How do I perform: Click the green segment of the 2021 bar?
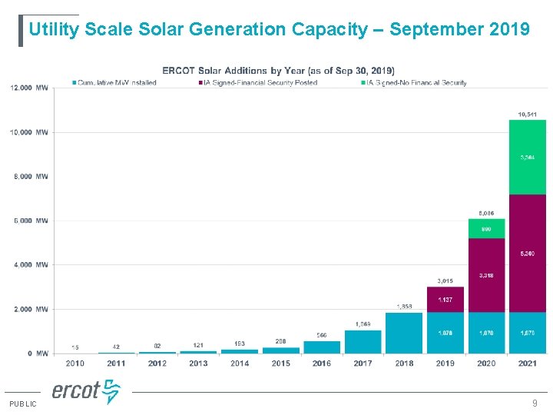pos(528,157)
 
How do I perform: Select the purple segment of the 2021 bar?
pos(528,254)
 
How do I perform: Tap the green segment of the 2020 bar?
pos(487,228)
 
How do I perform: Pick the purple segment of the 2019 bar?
pos(445,299)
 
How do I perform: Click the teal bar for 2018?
pos(404,333)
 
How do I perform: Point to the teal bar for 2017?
pos(363,341)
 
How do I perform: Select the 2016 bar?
pos(322,347)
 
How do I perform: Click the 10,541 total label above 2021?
pos(528,115)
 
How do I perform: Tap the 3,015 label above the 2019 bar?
pos(445,281)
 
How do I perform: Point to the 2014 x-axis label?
pos(240,364)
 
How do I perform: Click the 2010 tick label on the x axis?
pos(75,364)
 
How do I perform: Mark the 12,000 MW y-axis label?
pos(29,88)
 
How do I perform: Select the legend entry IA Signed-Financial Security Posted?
pos(257,82)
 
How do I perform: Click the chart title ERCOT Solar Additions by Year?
pos(279,71)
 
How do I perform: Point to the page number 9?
pos(535,403)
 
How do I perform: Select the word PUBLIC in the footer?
pos(23,403)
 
